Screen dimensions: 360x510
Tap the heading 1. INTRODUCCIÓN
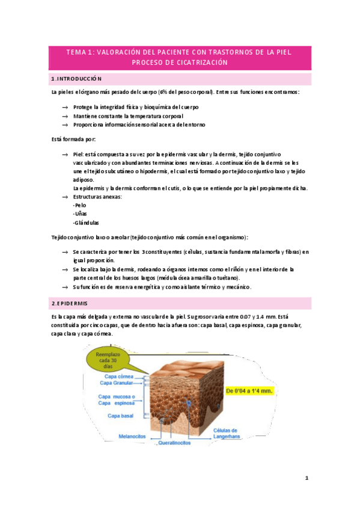pyautogui.click(x=76, y=79)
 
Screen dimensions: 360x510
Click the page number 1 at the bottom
pyautogui.click(x=307, y=478)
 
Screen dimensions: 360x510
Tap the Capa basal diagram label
pyautogui.click(x=121, y=416)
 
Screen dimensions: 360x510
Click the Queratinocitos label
pyautogui.click(x=174, y=442)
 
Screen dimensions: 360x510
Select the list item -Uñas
pyautogui.click(x=79, y=214)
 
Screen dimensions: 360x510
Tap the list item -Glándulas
pyautogui.click(x=85, y=223)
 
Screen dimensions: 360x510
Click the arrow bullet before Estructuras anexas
pyautogui.click(x=65, y=197)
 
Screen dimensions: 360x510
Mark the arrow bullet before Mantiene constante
pyautogui.click(x=65, y=115)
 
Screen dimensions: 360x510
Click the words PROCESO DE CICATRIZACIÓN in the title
pyautogui.click(x=180, y=62)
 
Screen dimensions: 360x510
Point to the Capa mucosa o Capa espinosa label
pyautogui.click(x=117, y=400)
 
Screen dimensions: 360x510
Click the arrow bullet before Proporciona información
pyautogui.click(x=65, y=124)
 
